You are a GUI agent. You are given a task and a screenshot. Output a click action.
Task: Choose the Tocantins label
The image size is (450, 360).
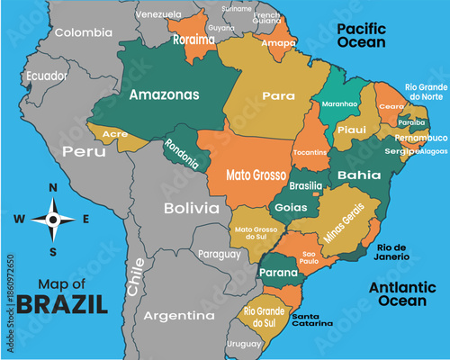click(310, 152)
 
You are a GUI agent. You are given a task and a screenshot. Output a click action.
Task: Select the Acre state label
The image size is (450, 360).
click(114, 134)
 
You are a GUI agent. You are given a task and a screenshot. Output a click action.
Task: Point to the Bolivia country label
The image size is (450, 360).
click(191, 208)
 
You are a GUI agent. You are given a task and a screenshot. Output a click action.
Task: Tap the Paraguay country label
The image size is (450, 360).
click(220, 254)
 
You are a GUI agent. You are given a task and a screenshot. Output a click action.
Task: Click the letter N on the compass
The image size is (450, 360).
click(52, 187)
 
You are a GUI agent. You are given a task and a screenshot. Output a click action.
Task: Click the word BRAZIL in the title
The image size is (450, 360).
click(62, 303)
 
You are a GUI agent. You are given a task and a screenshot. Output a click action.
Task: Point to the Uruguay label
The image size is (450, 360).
click(243, 344)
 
